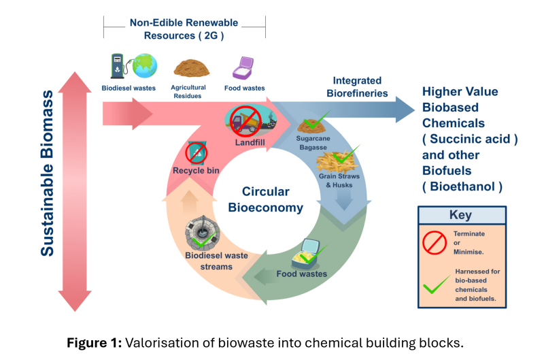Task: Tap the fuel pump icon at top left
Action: tap(118, 67)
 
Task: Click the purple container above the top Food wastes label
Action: tap(243, 68)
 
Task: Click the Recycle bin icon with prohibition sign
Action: tap(196, 152)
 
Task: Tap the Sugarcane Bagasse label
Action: tap(313, 142)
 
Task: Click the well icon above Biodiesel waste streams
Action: tap(203, 232)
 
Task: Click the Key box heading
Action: tap(460, 215)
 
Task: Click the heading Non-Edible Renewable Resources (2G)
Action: tap(184, 28)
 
